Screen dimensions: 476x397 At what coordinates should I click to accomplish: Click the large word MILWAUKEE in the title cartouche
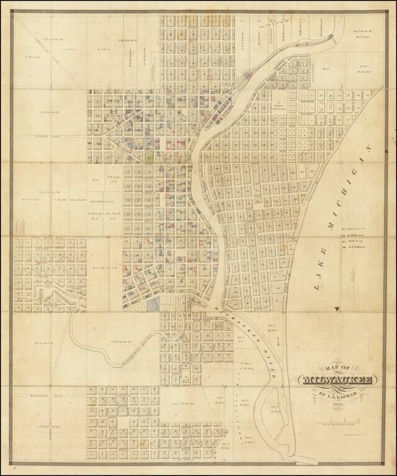coord(335,379)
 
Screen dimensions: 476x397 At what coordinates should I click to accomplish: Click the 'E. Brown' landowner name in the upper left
coord(32,56)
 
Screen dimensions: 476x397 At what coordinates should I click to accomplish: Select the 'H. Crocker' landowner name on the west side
coord(30,200)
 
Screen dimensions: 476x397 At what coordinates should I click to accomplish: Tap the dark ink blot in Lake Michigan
coord(335,307)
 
